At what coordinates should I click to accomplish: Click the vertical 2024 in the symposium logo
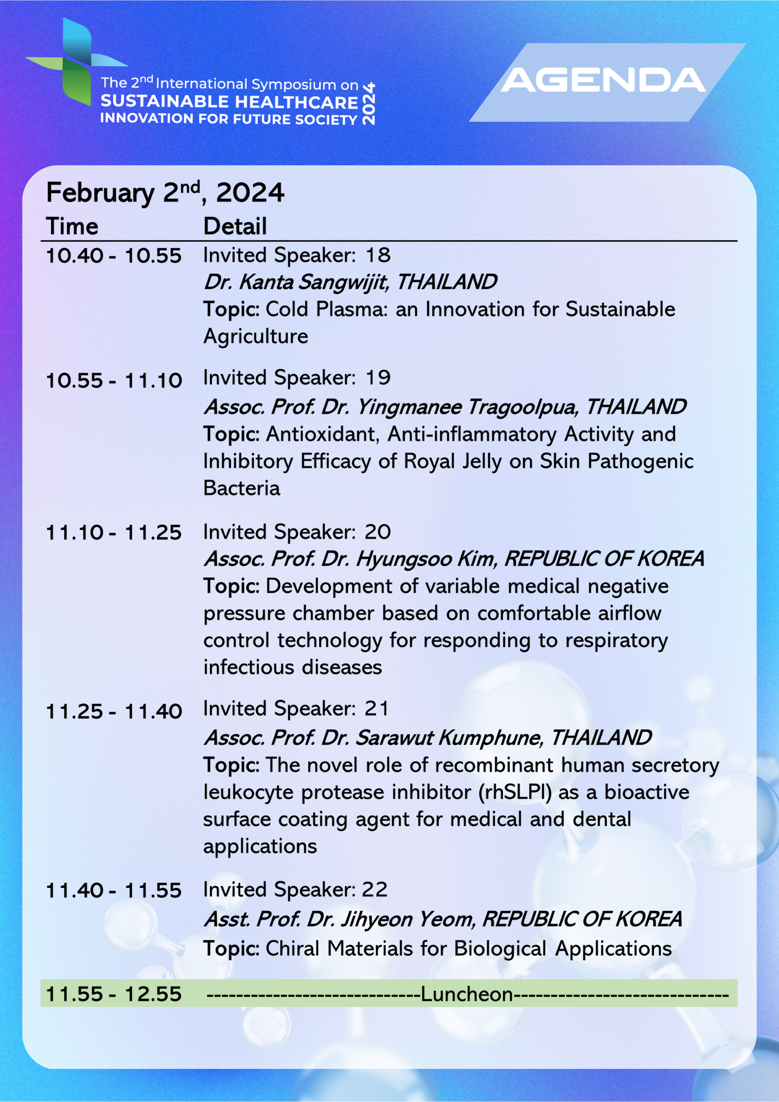(x=368, y=104)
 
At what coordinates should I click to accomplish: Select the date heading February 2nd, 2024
(x=165, y=192)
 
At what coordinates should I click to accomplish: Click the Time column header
(x=72, y=226)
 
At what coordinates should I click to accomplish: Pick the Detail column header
(x=235, y=226)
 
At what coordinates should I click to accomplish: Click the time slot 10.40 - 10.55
(x=114, y=256)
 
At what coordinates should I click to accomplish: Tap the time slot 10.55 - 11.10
(x=114, y=381)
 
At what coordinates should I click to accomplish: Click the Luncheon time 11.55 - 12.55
(x=114, y=994)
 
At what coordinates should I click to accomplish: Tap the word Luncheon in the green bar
(x=467, y=994)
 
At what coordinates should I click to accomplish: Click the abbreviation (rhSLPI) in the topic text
(x=515, y=793)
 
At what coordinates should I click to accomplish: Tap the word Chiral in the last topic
(x=292, y=949)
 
